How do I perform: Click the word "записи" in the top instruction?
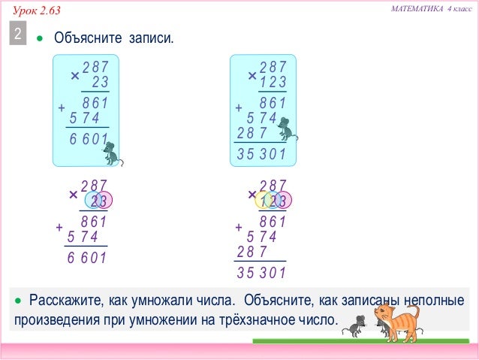pyautogui.click(x=149, y=37)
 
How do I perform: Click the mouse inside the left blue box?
pyautogui.click(x=112, y=153)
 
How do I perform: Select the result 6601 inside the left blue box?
pyautogui.click(x=89, y=140)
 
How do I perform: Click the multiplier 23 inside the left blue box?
pyautogui.click(x=100, y=82)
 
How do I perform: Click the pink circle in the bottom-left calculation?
pyautogui.click(x=104, y=201)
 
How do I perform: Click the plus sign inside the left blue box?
pyautogui.click(x=62, y=108)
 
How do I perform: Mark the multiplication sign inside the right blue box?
pyautogui.click(x=252, y=75)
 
